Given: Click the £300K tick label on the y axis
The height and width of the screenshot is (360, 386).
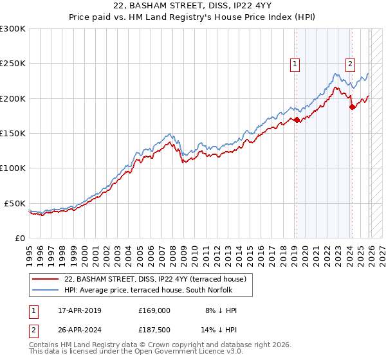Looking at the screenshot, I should (x=13, y=29).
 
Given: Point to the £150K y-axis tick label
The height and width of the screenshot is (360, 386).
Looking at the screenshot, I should (x=13, y=134).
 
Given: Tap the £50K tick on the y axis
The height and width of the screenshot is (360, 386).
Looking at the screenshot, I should (x=15, y=203).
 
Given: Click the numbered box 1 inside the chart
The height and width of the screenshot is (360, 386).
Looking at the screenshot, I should (x=295, y=64).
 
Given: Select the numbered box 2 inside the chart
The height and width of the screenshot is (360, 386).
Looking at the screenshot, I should (x=351, y=64).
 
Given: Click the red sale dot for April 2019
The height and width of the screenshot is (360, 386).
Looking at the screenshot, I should (x=297, y=120).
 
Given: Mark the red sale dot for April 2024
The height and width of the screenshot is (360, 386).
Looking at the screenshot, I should (x=352, y=107).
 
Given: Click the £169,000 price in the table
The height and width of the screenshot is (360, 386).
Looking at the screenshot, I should (x=154, y=310).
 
